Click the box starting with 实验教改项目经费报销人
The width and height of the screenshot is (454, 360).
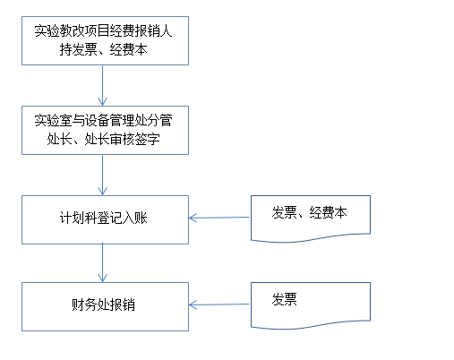click(x=105, y=40)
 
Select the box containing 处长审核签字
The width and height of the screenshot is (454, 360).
click(x=105, y=130)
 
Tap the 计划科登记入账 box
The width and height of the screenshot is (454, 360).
click(x=105, y=219)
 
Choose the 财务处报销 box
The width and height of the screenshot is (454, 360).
click(x=105, y=306)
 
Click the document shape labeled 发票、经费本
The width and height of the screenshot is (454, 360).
click(x=311, y=219)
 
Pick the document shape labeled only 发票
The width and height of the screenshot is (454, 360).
click(x=311, y=305)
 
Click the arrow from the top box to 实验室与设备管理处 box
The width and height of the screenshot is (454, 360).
click(x=102, y=85)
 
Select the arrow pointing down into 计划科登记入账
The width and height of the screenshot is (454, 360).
click(x=102, y=175)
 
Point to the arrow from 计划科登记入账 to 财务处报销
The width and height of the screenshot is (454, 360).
click(x=102, y=263)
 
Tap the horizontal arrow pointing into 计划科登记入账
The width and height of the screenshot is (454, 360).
click(x=219, y=218)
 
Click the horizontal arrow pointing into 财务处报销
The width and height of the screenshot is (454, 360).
click(x=219, y=304)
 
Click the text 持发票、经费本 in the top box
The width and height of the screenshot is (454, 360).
click(x=103, y=49)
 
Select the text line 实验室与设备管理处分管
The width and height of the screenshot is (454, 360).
click(x=103, y=120)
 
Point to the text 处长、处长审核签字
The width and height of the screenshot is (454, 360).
click(x=103, y=139)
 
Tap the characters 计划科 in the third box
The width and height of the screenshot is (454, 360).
click(x=79, y=218)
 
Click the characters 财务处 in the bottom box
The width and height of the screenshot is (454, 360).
click(x=90, y=304)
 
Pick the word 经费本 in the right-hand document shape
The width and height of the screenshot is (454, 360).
click(x=328, y=212)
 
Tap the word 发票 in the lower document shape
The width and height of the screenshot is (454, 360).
click(x=285, y=299)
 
